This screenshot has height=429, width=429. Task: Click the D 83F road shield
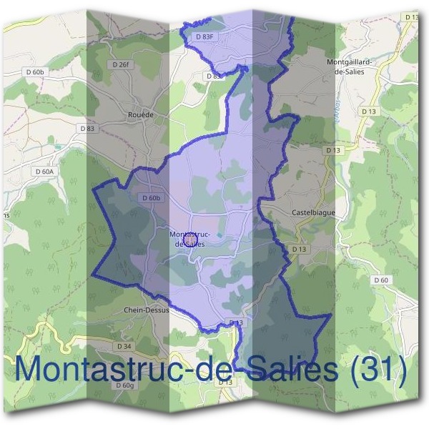tap(204, 36)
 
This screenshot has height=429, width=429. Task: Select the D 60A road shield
tap(44, 172)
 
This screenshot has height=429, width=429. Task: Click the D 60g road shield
tap(124, 385)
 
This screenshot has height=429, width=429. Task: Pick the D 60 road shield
tap(381, 280)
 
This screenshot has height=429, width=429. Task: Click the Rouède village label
tap(139, 114)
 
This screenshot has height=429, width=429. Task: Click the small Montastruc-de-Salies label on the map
tap(189, 239)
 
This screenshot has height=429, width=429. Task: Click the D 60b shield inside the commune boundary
tap(152, 198)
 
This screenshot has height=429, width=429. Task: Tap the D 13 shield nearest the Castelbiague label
tap(299, 248)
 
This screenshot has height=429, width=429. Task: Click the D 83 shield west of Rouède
tap(87, 128)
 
